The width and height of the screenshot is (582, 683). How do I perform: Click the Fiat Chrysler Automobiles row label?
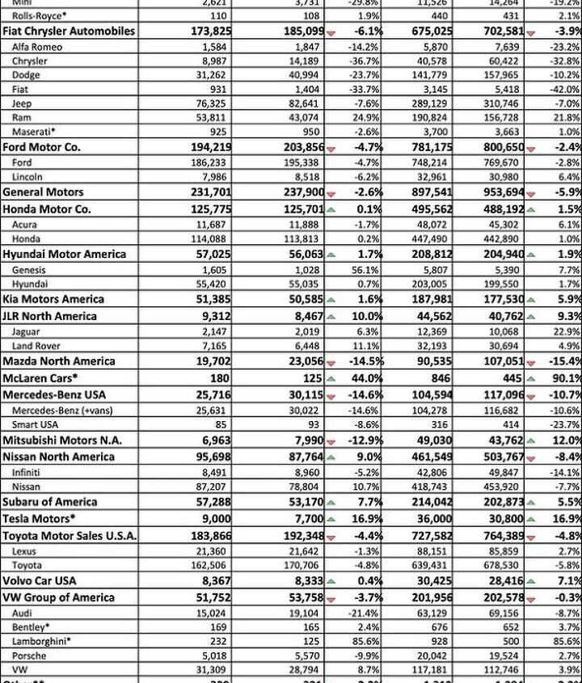[68, 31]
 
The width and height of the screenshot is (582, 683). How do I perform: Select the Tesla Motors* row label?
[40, 519]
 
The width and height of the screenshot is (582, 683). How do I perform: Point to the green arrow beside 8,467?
[331, 316]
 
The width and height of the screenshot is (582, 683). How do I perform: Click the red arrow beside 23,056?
[331, 361]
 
